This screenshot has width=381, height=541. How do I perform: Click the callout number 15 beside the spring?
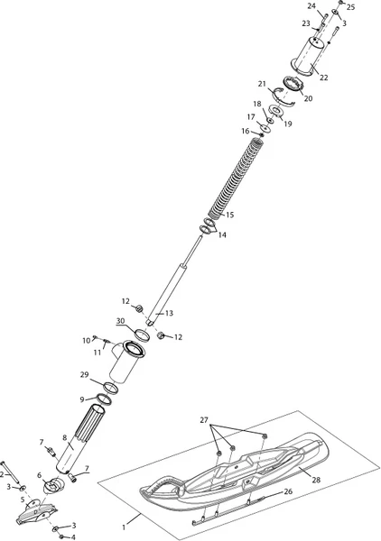click(230, 215)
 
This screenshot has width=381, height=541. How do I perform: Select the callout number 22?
click(323, 78)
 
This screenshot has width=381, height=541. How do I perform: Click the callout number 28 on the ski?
click(316, 480)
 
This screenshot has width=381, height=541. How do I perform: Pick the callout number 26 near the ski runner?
click(288, 491)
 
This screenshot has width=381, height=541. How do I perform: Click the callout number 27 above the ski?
click(204, 420)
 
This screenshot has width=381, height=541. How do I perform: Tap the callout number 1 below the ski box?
click(124, 527)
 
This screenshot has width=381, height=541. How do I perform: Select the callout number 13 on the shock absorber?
click(169, 313)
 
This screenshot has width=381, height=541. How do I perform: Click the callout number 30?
click(120, 321)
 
